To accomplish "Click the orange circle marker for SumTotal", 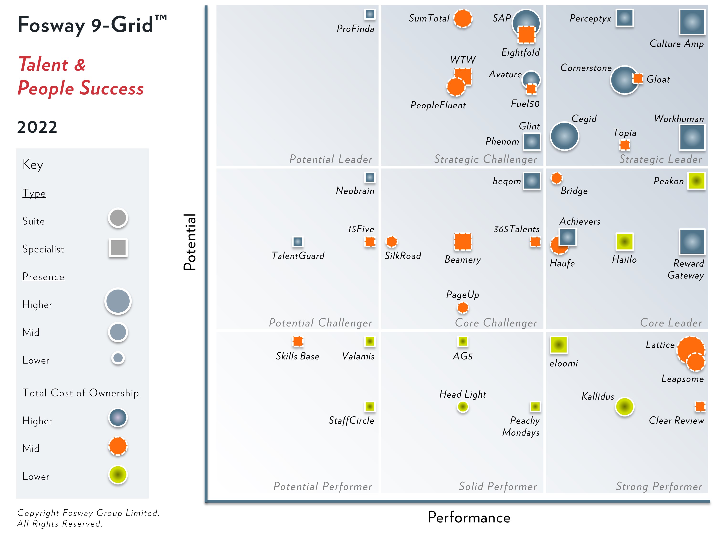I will (463, 18).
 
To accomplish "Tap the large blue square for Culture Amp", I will (692, 22).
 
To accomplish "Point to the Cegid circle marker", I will (564, 136).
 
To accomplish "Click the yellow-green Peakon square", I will (696, 181).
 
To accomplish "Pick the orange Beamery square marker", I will (463, 242).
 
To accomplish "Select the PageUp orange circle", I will (463, 307).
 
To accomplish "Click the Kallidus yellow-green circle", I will (624, 406).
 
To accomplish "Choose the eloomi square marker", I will (559, 345).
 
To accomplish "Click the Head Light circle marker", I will (463, 406).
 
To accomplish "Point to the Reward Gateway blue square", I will (692, 242).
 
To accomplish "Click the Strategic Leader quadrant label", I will (660, 159).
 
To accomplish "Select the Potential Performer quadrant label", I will (322, 486).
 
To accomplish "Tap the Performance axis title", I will (469, 517).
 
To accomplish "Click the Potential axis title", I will (190, 242).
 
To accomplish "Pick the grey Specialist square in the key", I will (118, 248).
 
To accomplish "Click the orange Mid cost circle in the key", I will (118, 446).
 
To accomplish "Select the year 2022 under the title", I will (37, 127).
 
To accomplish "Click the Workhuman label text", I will (679, 119).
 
